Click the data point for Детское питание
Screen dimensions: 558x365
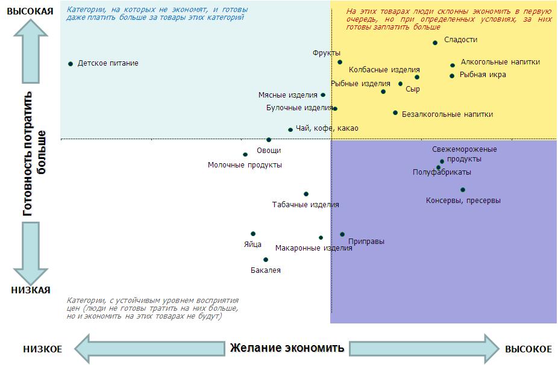[71, 64]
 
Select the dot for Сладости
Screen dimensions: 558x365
[435, 43]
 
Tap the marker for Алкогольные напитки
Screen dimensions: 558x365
[453, 66]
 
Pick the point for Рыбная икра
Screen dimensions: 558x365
[452, 76]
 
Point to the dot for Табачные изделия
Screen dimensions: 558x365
[306, 194]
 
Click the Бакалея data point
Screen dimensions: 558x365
[266, 260]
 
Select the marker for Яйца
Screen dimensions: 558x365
[253, 234]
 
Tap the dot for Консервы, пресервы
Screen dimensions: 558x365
[463, 190]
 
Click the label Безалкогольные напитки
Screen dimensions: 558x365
[447, 114]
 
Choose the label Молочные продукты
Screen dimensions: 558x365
[245, 165]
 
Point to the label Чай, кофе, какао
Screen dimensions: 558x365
[327, 128]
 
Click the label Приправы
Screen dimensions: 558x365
[366, 242]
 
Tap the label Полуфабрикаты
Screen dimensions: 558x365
[442, 172]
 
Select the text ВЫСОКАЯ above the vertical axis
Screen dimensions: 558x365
[30, 11]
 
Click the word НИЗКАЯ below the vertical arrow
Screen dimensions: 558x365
[31, 290]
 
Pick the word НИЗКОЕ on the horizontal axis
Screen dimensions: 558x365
[43, 349]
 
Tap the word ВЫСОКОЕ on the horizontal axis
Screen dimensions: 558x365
[528, 349]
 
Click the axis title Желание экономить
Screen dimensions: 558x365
[287, 348]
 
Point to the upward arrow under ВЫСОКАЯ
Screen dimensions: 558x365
[31, 51]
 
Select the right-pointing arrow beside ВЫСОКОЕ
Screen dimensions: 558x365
[424, 349]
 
